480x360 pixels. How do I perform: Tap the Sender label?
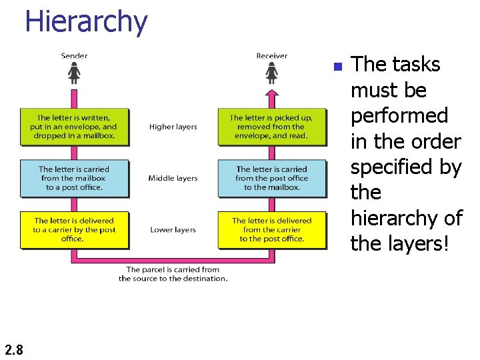pyautogui.click(x=74, y=55)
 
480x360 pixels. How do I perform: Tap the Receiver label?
pyautogui.click(x=271, y=55)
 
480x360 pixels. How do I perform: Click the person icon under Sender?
pyautogui.click(x=74, y=70)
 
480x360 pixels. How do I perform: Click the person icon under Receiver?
pyautogui.click(x=271, y=70)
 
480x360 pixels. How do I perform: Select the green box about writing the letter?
pyautogui.click(x=74, y=127)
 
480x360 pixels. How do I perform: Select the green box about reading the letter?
pyautogui.click(x=271, y=127)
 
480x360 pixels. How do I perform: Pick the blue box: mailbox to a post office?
pyautogui.click(x=74, y=178)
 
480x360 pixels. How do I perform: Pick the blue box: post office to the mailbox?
pyautogui.click(x=271, y=178)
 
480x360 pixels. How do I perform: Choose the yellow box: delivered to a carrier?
pyautogui.click(x=74, y=229)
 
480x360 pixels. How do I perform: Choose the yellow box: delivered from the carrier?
pyautogui.click(x=271, y=229)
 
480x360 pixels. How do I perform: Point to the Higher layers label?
pyautogui.click(x=173, y=127)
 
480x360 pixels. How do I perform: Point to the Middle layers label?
pyautogui.click(x=173, y=178)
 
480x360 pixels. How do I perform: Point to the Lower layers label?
pyautogui.click(x=173, y=230)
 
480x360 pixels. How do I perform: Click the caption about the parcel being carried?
pyautogui.click(x=173, y=274)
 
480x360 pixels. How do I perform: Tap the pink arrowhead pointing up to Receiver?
pyautogui.click(x=271, y=94)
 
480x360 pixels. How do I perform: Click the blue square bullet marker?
pyautogui.click(x=337, y=67)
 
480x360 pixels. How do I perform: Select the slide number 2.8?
pyautogui.click(x=13, y=349)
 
